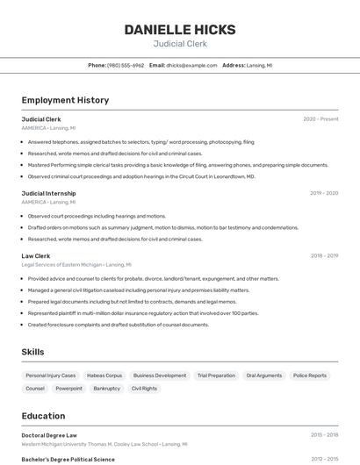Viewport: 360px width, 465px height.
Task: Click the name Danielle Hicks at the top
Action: (x=180, y=30)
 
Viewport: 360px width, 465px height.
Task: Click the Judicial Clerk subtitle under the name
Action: (x=180, y=43)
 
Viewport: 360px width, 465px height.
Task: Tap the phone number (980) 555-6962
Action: (x=126, y=65)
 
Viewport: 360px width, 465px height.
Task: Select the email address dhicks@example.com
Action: (x=191, y=65)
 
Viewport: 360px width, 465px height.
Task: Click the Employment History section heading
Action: (x=65, y=100)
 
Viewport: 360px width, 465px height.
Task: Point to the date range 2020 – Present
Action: (x=320, y=119)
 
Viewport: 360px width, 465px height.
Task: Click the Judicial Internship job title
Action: (x=48, y=193)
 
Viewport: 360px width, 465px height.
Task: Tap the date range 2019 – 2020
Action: (x=323, y=193)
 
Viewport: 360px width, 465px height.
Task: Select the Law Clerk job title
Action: (x=36, y=256)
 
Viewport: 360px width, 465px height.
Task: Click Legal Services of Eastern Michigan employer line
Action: (x=76, y=264)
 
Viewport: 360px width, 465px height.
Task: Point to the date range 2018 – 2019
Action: (x=324, y=256)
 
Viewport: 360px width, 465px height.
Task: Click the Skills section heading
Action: (x=33, y=352)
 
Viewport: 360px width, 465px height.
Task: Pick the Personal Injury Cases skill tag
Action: (x=51, y=376)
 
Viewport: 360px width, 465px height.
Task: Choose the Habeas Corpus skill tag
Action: (x=104, y=376)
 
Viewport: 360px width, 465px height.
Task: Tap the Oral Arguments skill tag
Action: (x=264, y=376)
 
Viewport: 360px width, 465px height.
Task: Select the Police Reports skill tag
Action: (x=310, y=376)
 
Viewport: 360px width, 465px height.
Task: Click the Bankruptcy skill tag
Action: (x=107, y=388)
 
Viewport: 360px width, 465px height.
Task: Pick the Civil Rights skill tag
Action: (x=144, y=388)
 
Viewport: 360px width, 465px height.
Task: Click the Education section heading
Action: (x=43, y=416)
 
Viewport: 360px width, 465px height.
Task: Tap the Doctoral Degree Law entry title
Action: (x=49, y=435)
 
